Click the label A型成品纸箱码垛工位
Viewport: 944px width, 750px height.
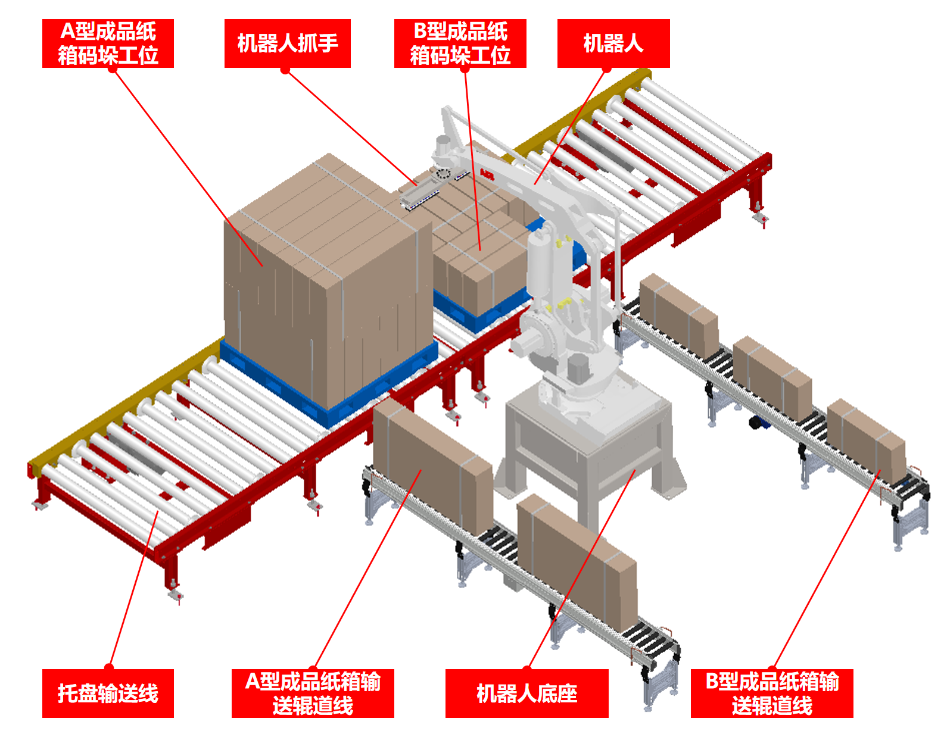tap(108, 43)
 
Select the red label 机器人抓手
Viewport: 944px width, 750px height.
tap(287, 43)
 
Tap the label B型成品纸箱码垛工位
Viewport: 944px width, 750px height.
tap(460, 43)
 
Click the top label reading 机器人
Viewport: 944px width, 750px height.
tap(613, 43)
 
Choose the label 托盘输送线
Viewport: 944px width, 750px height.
tap(108, 693)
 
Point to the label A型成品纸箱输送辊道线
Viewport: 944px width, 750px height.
tap(313, 693)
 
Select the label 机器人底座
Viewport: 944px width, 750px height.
tap(527, 693)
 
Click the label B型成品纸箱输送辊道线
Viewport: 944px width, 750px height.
tap(772, 693)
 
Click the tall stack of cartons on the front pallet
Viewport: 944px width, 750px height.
tap(328, 280)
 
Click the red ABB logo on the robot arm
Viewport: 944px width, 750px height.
tap(487, 175)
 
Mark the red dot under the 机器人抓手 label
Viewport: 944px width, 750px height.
tap(285, 70)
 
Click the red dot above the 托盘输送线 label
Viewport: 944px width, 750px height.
tap(109, 667)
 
